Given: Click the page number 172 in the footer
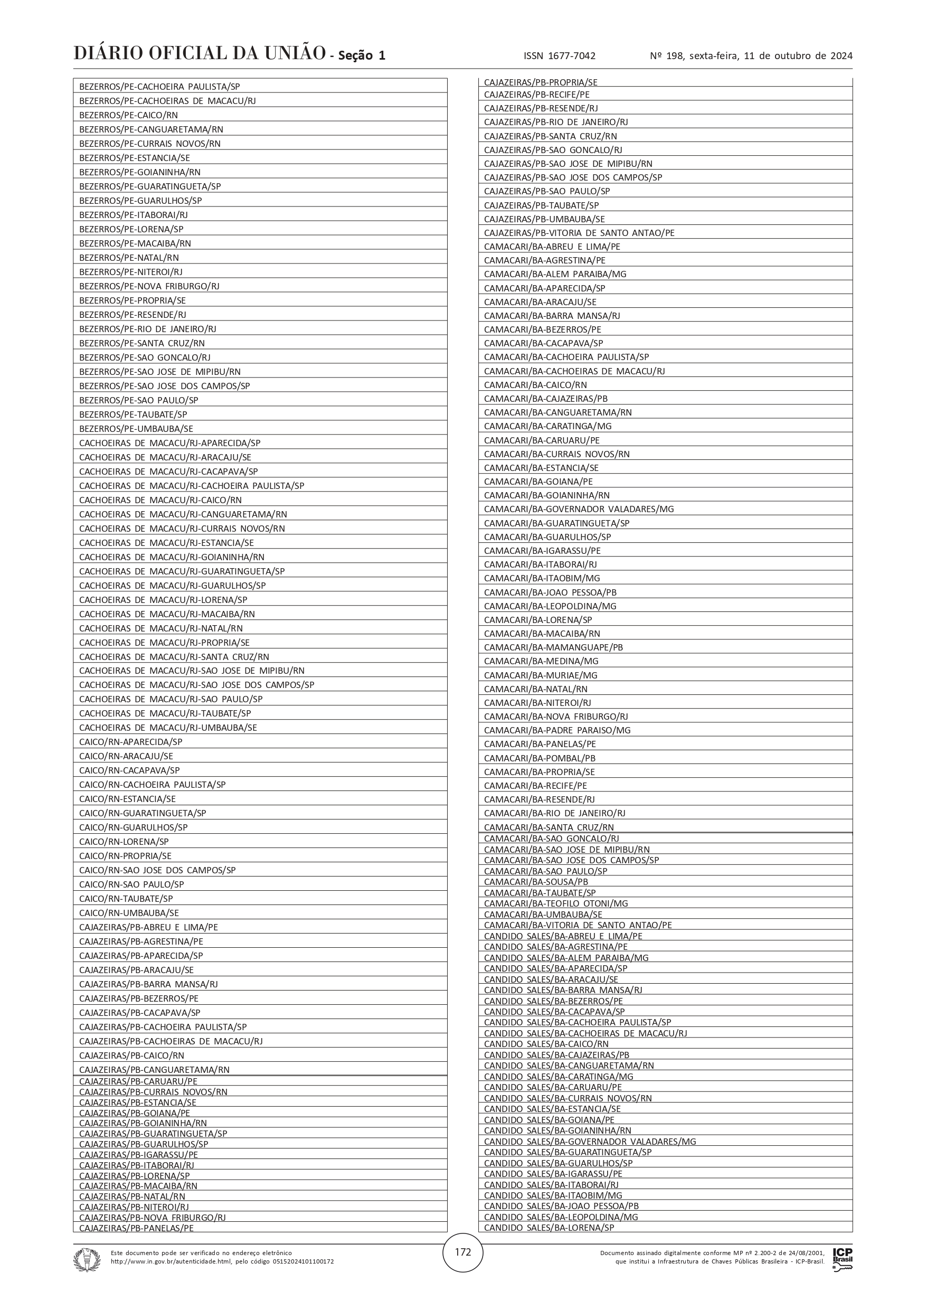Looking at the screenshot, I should [462, 1252].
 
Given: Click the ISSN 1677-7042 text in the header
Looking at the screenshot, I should [559, 56].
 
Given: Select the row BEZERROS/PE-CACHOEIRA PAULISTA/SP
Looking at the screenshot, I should [160, 87].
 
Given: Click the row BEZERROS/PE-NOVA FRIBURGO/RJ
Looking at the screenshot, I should [149, 286].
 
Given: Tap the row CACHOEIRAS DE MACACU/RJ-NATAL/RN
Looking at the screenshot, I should [161, 628].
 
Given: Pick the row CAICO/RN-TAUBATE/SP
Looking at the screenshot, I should [126, 899].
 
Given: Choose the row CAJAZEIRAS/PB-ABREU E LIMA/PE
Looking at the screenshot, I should [148, 927].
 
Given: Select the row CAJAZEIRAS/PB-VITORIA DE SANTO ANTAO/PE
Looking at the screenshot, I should [579, 233].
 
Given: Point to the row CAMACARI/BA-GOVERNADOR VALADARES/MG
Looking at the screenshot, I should [579, 509].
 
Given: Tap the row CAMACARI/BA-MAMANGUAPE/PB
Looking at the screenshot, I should [553, 647].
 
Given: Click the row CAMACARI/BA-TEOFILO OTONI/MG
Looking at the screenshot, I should [556, 903].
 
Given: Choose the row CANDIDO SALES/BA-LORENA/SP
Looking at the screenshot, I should [549, 1227].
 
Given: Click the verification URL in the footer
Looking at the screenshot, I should [222, 1261].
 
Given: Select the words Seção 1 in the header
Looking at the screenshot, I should [362, 56].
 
